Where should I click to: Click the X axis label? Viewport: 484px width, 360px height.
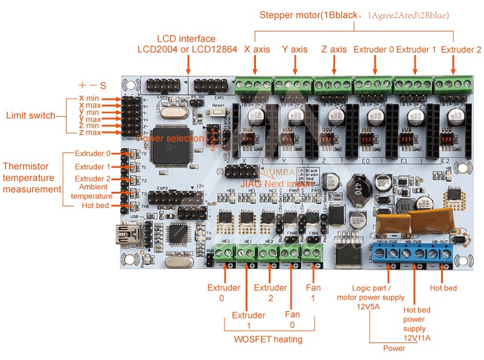tap(257, 50)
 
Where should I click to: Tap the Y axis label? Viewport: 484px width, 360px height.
tap(295, 50)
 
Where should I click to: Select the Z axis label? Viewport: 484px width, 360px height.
tap(334, 50)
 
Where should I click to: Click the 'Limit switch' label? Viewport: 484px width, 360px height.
tap(31, 116)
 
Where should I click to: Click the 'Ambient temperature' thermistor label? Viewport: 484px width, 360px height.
tap(93, 191)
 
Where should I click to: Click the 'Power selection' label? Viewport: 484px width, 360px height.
tap(170, 139)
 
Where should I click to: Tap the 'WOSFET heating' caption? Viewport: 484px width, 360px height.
tap(268, 339)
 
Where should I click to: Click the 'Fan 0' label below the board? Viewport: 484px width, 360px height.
tap(293, 320)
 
